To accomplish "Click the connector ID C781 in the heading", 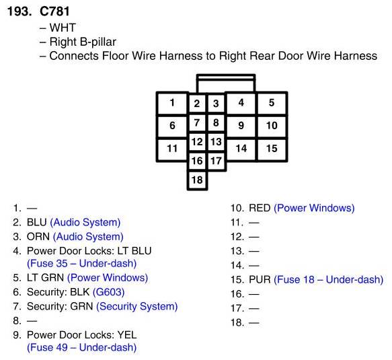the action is (x=54, y=11).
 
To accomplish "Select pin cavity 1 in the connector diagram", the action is (x=172, y=104).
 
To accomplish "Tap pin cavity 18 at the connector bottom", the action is (x=197, y=180).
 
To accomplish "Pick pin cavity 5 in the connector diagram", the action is (x=272, y=104).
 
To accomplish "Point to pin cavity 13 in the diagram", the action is (x=217, y=142).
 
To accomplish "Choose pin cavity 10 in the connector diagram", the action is (x=272, y=126).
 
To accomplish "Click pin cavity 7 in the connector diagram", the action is (x=197, y=123).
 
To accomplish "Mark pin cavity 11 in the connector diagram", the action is (x=172, y=149).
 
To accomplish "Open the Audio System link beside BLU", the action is (x=85, y=223).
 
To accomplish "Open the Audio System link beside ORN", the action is (x=88, y=237).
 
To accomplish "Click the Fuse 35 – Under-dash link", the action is (x=82, y=263).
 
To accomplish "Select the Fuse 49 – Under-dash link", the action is (x=82, y=347).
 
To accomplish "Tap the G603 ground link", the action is (x=108, y=292).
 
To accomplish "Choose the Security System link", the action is (x=137, y=306).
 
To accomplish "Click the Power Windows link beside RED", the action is (x=314, y=208).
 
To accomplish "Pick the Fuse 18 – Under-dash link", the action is (x=329, y=280).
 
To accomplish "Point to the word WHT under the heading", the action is (x=63, y=28).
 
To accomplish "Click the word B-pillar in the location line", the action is (x=98, y=42).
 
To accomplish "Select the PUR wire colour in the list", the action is (x=260, y=280).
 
